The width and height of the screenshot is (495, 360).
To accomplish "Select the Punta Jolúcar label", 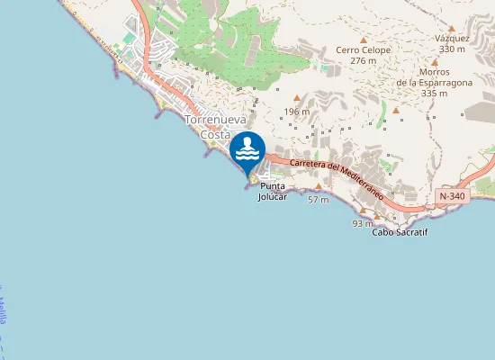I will click(273, 192).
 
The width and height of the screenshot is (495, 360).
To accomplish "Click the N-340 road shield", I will click(452, 195).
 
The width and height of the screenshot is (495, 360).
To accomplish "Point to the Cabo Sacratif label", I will click(400, 232).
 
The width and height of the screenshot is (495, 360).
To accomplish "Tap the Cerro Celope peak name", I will click(364, 50).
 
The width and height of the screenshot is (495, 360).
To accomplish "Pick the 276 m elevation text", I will click(364, 61).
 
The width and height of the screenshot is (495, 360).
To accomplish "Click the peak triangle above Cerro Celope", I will click(364, 40).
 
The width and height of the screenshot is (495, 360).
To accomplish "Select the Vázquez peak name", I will click(452, 39).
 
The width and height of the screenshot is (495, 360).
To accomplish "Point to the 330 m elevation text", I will click(452, 49).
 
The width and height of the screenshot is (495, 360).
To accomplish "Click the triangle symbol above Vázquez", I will click(452, 29).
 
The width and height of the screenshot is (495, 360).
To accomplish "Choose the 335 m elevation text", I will click(435, 93).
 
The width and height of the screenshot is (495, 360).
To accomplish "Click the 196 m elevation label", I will click(297, 112).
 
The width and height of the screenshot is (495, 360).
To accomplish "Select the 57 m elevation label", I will click(318, 199).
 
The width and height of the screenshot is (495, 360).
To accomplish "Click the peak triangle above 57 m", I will click(318, 187).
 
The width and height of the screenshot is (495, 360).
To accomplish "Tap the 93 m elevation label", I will click(363, 222).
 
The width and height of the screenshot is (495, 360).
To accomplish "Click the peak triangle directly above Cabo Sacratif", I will click(379, 217).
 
